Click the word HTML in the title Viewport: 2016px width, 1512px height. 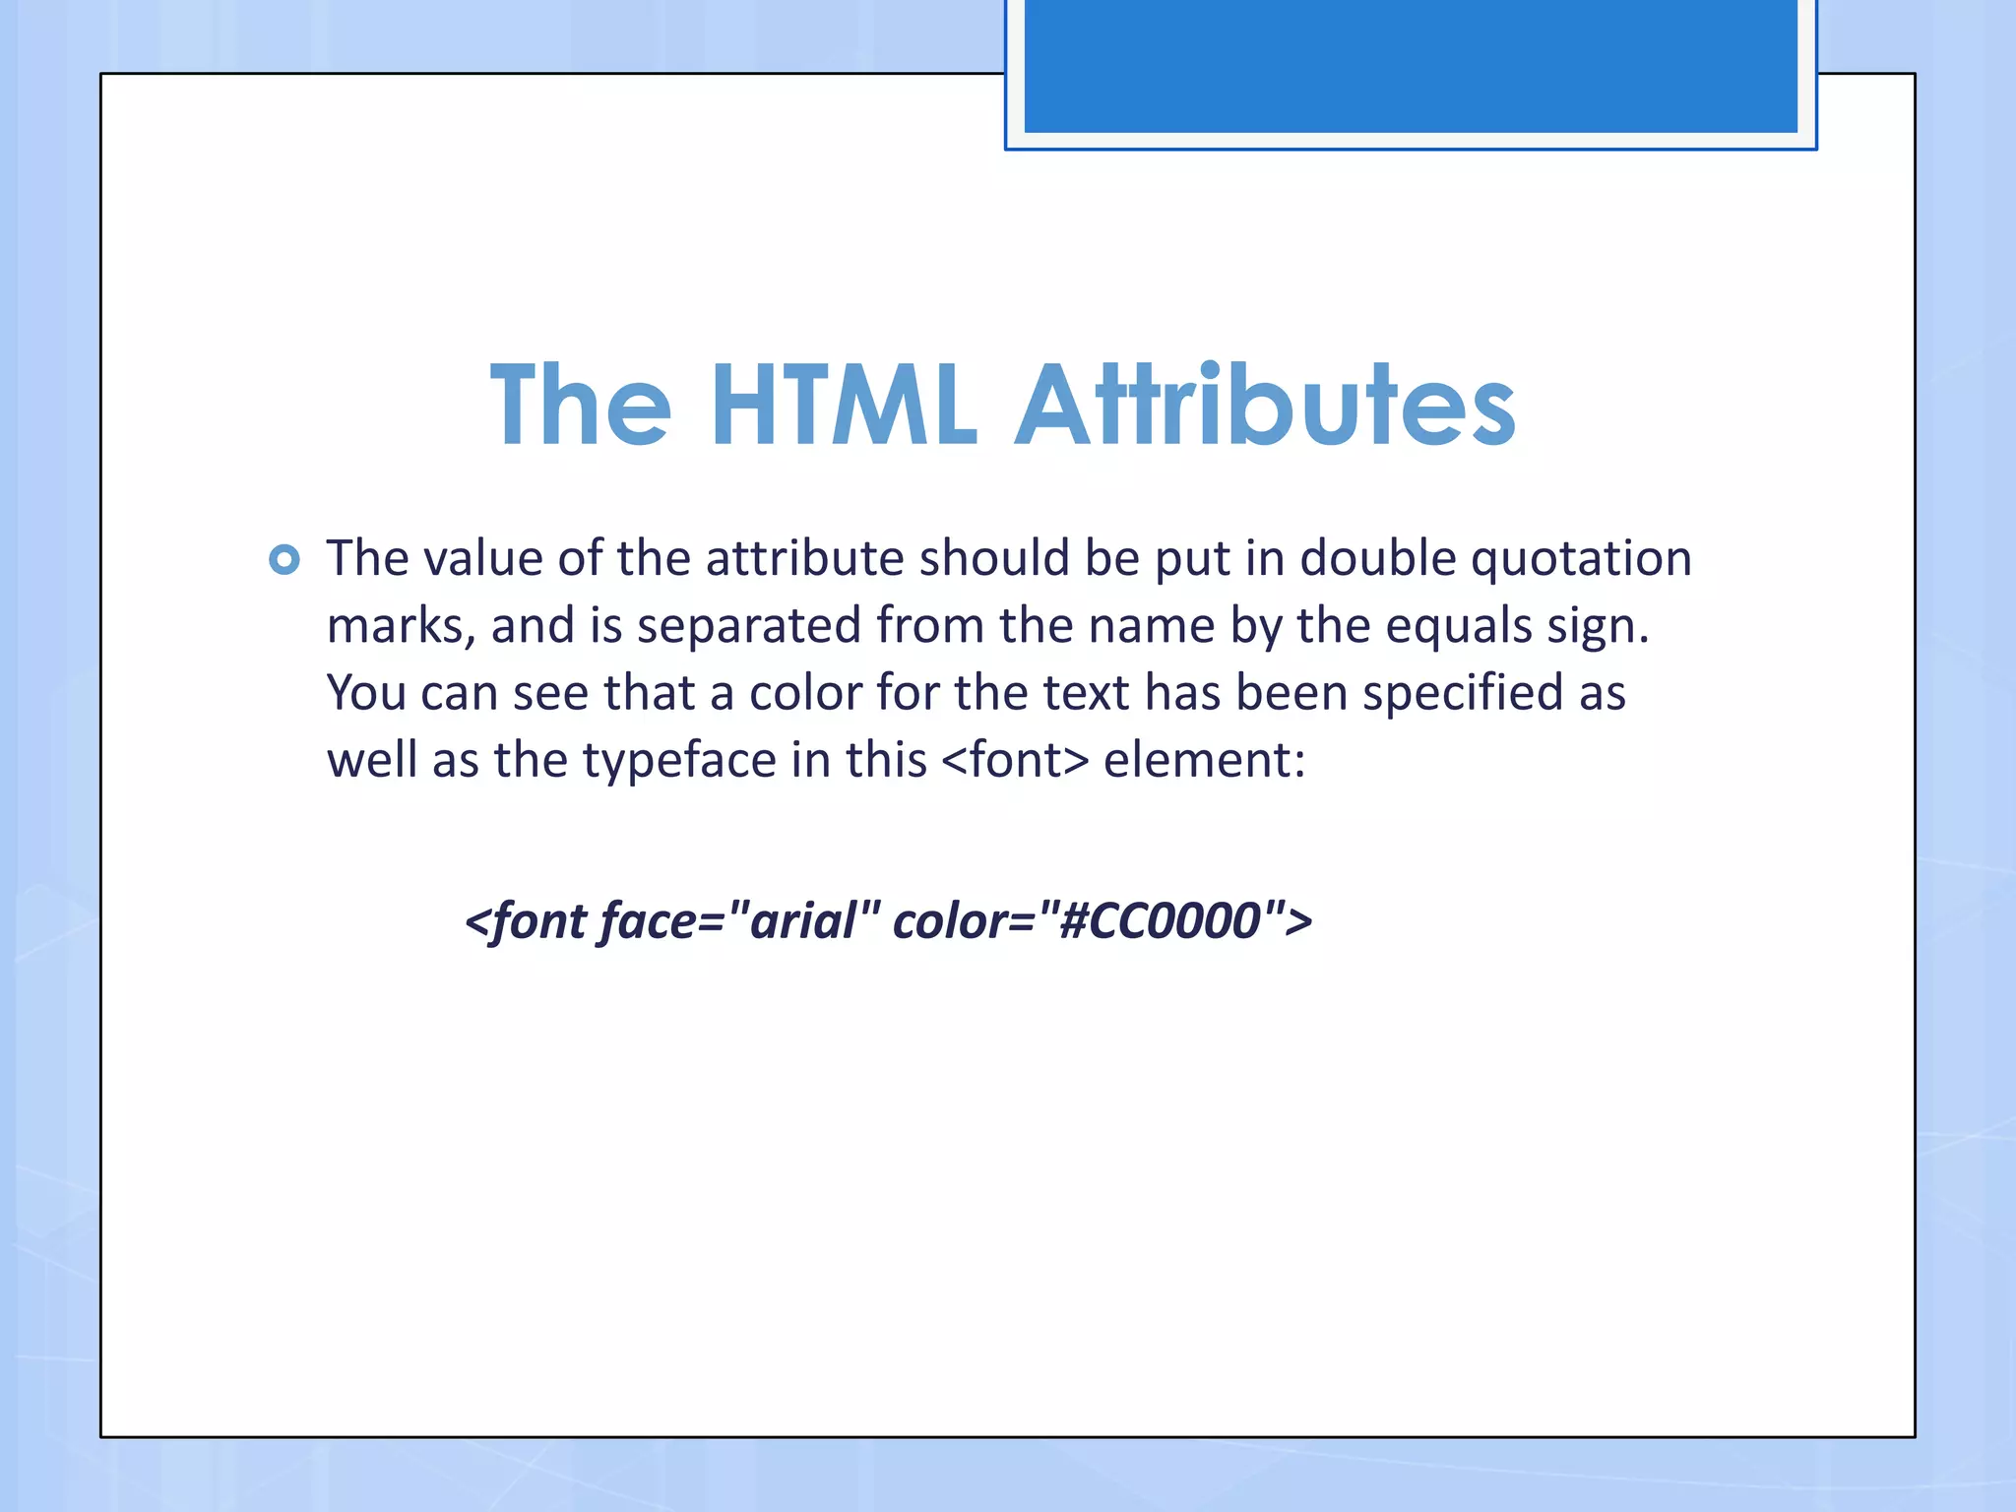(x=844, y=405)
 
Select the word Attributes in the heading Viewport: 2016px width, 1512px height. (x=1265, y=405)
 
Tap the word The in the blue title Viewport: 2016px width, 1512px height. (x=581, y=405)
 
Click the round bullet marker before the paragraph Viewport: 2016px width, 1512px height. (x=284, y=560)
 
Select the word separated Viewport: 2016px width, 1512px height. (x=749, y=626)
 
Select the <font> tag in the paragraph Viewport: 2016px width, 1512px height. (x=1015, y=760)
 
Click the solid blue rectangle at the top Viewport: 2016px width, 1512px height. (x=1410, y=65)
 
